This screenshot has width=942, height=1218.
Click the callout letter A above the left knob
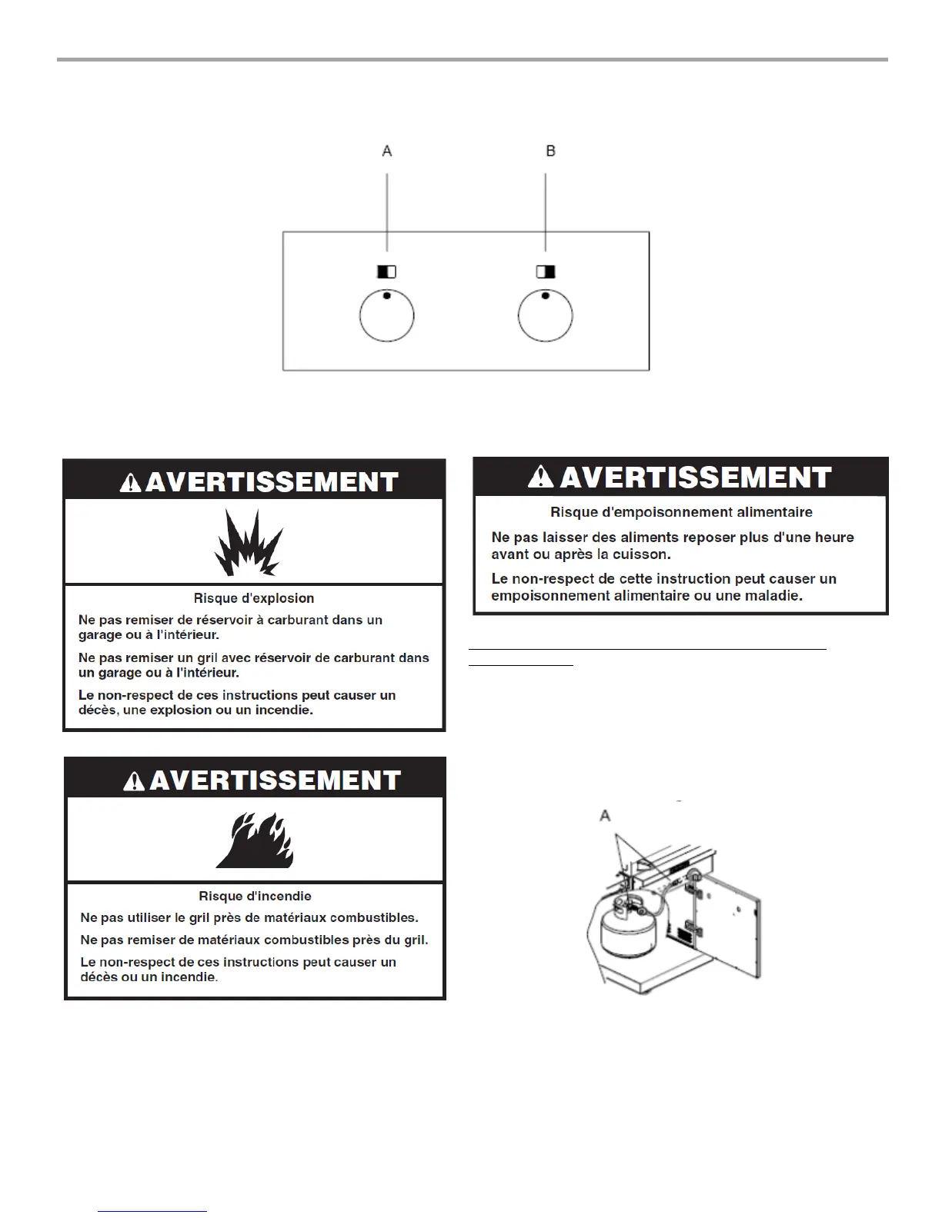pos(387,151)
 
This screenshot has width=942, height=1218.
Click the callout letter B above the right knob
pos(550,151)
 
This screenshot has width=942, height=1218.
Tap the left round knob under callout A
pos(387,315)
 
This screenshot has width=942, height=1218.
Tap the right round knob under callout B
pos(545,315)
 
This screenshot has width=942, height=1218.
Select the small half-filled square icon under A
pos(386,271)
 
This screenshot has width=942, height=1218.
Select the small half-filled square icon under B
pos(546,271)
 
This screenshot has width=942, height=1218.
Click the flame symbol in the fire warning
pos(255,841)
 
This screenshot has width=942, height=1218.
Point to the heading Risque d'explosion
pos(254,598)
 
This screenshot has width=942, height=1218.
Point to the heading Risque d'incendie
pos(255,896)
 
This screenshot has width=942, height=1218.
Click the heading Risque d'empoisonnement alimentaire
pos(681,512)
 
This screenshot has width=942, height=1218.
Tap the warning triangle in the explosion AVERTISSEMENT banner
pos(131,483)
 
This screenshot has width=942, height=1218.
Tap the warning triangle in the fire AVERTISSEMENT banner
pos(135,781)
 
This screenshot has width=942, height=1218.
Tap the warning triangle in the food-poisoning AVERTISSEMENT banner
pos(542,478)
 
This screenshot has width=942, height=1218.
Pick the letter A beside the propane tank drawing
pos(606,816)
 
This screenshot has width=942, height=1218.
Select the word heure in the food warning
pos(834,537)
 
